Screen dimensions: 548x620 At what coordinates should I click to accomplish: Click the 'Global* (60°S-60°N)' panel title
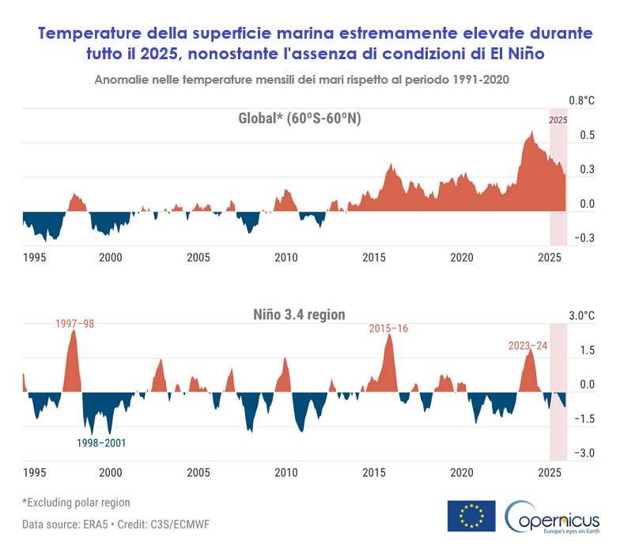point(294,118)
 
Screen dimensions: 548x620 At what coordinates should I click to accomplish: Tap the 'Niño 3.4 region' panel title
point(294,313)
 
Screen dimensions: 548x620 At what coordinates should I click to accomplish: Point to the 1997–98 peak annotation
point(75,324)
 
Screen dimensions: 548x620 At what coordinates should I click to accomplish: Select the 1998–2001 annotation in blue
point(101,443)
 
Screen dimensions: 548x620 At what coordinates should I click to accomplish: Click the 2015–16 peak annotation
point(388,328)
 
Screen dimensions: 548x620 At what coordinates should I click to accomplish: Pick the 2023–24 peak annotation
point(527,345)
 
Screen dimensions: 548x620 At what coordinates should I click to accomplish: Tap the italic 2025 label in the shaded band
point(558,120)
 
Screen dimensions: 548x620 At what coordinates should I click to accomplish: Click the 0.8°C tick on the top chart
point(580,101)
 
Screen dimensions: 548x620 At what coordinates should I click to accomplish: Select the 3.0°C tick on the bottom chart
point(580,316)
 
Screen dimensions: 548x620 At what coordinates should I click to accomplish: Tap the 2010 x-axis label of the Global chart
point(285,257)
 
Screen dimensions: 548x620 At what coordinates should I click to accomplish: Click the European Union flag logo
point(471,516)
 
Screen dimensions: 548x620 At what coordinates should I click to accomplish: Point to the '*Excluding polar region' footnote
point(76,502)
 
